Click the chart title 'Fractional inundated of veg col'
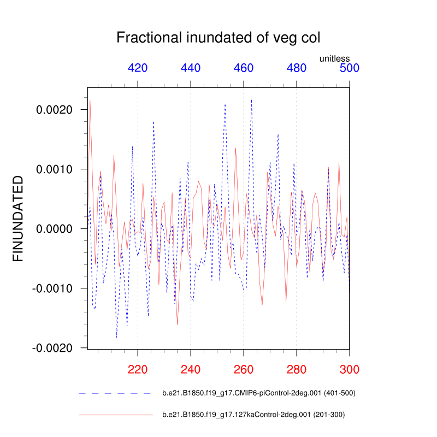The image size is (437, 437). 218,38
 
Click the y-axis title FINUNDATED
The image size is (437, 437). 18,218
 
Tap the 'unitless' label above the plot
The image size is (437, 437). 334,58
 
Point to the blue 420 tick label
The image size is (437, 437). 138,68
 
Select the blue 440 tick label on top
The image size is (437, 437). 191,68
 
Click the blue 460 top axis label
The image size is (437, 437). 244,68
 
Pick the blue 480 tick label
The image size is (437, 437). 297,68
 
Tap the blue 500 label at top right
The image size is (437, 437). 349,68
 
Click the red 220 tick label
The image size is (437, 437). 138,369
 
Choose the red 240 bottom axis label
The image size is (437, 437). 191,369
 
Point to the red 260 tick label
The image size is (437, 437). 244,369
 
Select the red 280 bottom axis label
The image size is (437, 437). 297,369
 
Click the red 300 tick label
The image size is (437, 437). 349,369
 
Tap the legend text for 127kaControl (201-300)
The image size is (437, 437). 253,415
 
